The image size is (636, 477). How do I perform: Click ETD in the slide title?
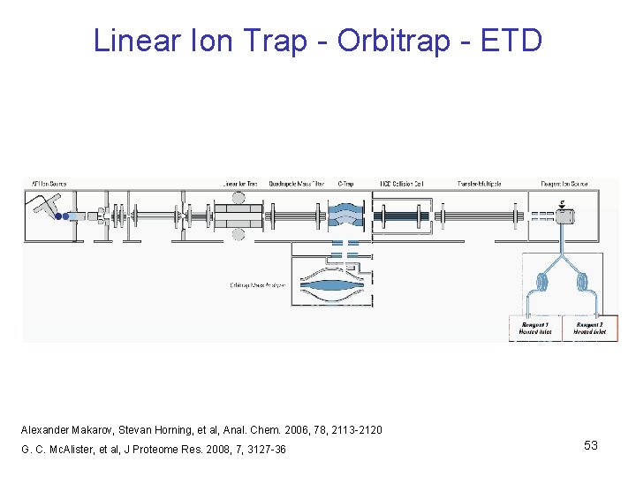[x=511, y=41]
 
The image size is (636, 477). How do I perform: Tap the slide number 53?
[x=590, y=445]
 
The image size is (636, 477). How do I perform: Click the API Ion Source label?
[x=49, y=184]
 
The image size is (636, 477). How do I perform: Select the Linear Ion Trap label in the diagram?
[x=240, y=184]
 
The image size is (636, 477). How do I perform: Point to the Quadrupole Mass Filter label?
[x=296, y=184]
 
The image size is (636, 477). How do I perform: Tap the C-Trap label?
[x=345, y=184]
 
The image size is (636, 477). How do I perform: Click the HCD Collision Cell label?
[x=402, y=184]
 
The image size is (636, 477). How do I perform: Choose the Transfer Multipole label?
[x=479, y=184]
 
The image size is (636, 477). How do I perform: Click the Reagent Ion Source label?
[x=565, y=184]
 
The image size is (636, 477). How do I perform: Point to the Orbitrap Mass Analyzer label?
[x=257, y=284]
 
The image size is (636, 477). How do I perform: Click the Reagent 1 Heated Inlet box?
[x=535, y=329]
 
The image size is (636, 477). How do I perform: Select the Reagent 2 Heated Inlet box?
[x=589, y=329]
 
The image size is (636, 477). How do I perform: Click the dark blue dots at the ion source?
[x=59, y=216]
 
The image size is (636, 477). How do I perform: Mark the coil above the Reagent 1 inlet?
[x=541, y=283]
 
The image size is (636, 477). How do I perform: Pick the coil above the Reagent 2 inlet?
[x=583, y=283]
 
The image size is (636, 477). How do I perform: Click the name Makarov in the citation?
[x=97, y=429]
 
